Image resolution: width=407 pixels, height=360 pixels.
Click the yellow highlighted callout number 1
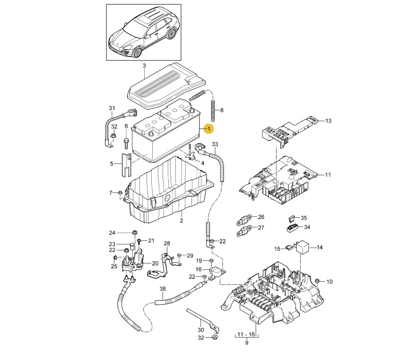(209, 128)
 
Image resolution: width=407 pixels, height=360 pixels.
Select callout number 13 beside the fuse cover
(328, 121)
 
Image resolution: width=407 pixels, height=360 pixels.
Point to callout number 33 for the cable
(215, 144)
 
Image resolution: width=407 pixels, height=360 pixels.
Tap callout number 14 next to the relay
(319, 247)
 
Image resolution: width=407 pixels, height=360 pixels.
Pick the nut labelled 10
(318, 282)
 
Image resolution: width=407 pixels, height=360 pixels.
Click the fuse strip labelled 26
(244, 219)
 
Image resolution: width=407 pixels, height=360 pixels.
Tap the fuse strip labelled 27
(244, 231)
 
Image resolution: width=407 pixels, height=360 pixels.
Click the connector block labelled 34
(291, 228)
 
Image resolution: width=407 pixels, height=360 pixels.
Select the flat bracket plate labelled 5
(124, 165)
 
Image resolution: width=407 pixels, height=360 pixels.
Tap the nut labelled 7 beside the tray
(121, 193)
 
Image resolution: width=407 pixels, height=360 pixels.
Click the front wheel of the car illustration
(139, 51)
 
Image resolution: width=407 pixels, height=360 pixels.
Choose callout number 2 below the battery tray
(181, 220)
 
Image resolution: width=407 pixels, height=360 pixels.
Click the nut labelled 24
(135, 232)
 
